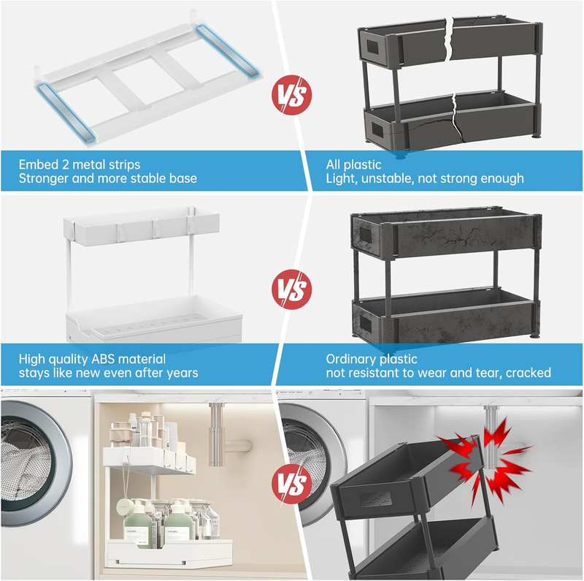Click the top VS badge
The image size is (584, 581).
click(291, 95)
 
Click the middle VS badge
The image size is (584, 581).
click(291, 289)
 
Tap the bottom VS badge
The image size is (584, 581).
click(291, 484)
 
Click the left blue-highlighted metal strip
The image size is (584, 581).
click(66, 113)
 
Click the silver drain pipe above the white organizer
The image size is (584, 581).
click(217, 434)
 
